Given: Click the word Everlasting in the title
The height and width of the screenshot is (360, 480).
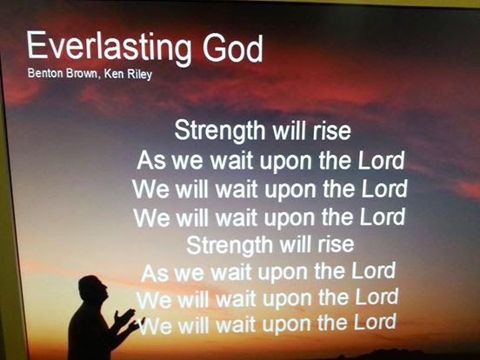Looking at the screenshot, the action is tap(109, 48).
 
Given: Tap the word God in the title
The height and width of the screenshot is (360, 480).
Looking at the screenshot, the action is tap(233, 48).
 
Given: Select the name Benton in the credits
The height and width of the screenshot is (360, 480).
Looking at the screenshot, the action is tap(45, 73).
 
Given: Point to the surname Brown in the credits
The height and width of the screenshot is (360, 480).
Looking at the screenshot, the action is tap(83, 73).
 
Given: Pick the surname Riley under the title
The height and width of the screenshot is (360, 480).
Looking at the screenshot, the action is tap(140, 75).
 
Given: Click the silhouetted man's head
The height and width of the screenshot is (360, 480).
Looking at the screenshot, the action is tap(93, 289).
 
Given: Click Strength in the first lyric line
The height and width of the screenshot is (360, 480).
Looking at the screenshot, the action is tap(219, 130).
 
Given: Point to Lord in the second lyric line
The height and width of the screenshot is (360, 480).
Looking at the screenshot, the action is tap(381, 160).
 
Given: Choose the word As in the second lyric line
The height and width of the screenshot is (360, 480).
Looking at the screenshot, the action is tap(151, 160).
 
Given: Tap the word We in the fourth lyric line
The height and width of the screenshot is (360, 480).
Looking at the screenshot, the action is tap(151, 217).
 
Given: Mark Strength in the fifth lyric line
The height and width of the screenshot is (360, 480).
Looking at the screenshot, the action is tap(228, 245).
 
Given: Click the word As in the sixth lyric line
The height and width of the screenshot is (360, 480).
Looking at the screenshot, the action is tap(155, 273).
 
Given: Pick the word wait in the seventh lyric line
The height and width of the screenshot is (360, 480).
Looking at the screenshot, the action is tap(236, 299).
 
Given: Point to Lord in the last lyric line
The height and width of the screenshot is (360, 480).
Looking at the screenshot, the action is tap(375, 322).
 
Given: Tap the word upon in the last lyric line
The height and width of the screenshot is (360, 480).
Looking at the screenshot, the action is tap(287, 324).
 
